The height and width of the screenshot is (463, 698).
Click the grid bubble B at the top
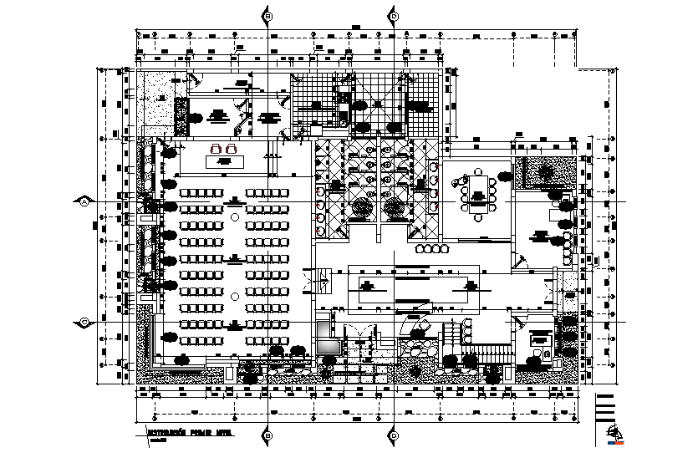(267, 16)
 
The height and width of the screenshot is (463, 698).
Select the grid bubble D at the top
(394, 16)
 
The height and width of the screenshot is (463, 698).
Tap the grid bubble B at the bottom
(267, 435)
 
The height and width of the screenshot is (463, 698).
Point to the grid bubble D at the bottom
(394, 435)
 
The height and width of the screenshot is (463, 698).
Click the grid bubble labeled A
(84, 201)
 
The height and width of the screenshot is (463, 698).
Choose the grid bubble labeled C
(84, 322)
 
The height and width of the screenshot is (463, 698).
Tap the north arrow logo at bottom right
(616, 433)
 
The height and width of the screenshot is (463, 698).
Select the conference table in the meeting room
(477, 197)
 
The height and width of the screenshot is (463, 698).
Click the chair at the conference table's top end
(477, 171)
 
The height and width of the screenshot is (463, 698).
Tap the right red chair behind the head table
(232, 149)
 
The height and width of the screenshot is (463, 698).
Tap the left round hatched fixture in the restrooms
(361, 207)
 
